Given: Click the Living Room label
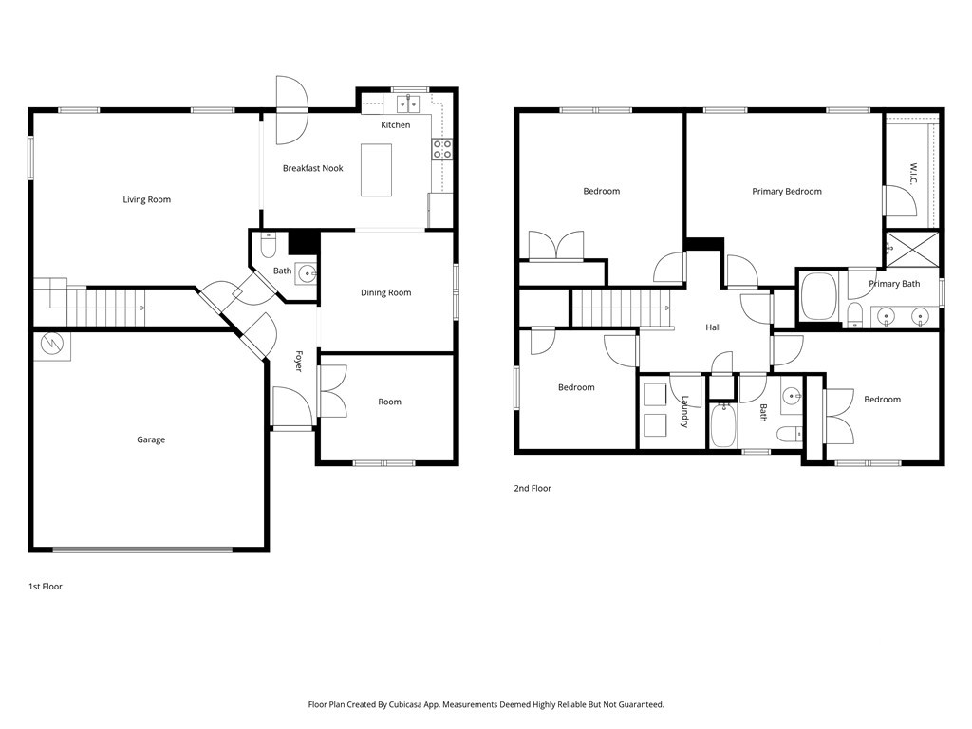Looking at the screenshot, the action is pyautogui.click(x=146, y=199).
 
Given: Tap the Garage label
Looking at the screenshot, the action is pyautogui.click(x=151, y=439).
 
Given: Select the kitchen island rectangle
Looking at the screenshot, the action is pyautogui.click(x=376, y=170).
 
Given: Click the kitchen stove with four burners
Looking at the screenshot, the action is pyautogui.click(x=442, y=149).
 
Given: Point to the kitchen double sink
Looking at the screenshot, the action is pyautogui.click(x=408, y=103).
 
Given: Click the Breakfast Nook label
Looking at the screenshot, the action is pyautogui.click(x=312, y=168).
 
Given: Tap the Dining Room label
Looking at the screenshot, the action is pyautogui.click(x=385, y=292).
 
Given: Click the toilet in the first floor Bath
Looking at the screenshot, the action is pyautogui.click(x=268, y=246).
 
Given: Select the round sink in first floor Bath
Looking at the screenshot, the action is pyautogui.click(x=306, y=272).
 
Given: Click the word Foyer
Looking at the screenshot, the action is pyautogui.click(x=298, y=362).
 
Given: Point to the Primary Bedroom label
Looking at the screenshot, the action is pyautogui.click(x=787, y=192).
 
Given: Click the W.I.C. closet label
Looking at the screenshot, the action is pyautogui.click(x=914, y=174).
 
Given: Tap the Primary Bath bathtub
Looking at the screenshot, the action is pyautogui.click(x=819, y=296).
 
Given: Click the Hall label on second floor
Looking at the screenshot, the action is pyautogui.click(x=713, y=327).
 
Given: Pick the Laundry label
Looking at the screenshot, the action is pyautogui.click(x=685, y=412).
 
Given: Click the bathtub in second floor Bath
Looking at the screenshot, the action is pyautogui.click(x=722, y=424).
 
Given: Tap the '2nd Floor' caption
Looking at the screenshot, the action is pyautogui.click(x=533, y=489).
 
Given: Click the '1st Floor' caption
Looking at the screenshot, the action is pyautogui.click(x=46, y=587).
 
